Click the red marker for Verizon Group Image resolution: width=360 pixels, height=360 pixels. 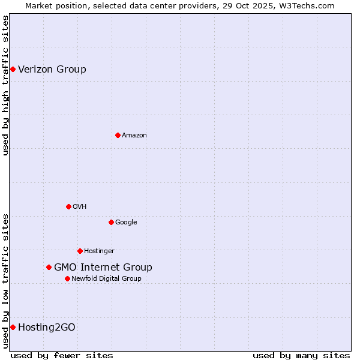pyautogui.click(x=13, y=69)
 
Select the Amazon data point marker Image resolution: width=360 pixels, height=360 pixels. pyautogui.click(x=118, y=135)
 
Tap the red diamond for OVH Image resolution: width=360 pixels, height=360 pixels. pyautogui.click(x=68, y=206)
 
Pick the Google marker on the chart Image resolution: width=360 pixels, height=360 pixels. pyautogui.click(x=111, y=222)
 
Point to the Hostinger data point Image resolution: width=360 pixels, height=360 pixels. pyautogui.click(x=80, y=251)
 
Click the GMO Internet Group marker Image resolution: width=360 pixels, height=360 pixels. pyautogui.click(x=49, y=267)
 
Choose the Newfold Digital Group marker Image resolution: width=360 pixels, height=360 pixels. pyautogui.click(x=67, y=278)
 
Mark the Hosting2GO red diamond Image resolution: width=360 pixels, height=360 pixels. pyautogui.click(x=13, y=327)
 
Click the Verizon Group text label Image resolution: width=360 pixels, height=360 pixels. pyautogui.click(x=52, y=69)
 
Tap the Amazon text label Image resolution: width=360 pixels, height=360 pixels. pyautogui.click(x=134, y=135)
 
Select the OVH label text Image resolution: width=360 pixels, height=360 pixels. pyautogui.click(x=80, y=206)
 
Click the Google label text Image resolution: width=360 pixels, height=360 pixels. pyautogui.click(x=126, y=222)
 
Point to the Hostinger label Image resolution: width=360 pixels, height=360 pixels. pyautogui.click(x=99, y=251)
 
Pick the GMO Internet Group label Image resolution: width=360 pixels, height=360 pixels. pyautogui.click(x=103, y=267)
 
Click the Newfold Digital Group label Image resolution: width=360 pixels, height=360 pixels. pyautogui.click(x=106, y=278)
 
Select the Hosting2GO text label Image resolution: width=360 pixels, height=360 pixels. pyautogui.click(x=47, y=327)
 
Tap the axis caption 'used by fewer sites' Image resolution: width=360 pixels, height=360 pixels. pyautogui.click(x=62, y=355)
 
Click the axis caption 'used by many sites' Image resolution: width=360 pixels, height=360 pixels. pyautogui.click(x=301, y=355)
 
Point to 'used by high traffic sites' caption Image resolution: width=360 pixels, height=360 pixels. pyautogui.click(x=6, y=85)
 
